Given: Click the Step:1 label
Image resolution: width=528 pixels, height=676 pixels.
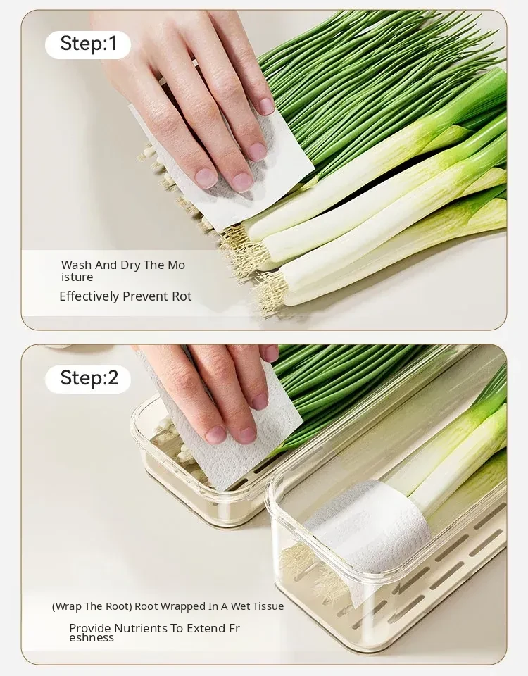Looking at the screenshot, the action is tap(89, 44).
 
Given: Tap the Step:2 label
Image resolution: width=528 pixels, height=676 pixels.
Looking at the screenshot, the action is tap(89, 377).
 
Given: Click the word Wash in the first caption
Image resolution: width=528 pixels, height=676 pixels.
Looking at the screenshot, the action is tap(76, 265).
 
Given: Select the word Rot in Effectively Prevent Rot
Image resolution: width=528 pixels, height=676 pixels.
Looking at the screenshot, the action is tap(182, 296).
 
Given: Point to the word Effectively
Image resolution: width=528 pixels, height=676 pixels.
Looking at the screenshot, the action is tap(89, 296).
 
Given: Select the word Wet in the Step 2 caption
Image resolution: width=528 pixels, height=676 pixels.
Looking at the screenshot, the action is tap(241, 606).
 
